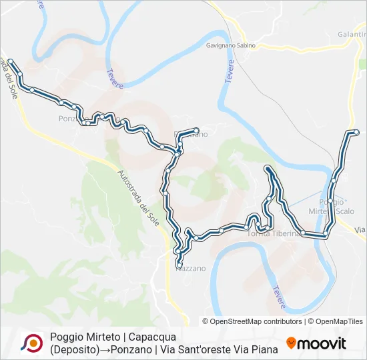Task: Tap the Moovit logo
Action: pyautogui.click(x=316, y=343)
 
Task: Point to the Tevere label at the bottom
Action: pyautogui.click(x=279, y=297)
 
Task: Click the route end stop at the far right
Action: pyautogui.click(x=356, y=132)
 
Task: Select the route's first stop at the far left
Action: pyautogui.click(x=10, y=61)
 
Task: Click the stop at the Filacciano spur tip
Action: pyautogui.click(x=196, y=129)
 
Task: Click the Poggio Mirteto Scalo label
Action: pyautogui.click(x=336, y=206)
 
